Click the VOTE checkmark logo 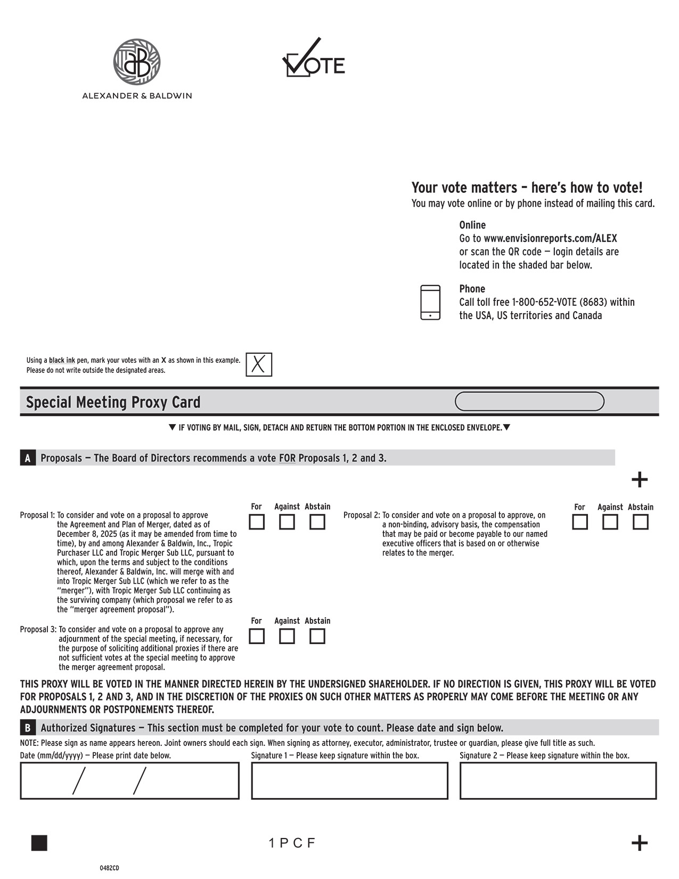pos(313,59)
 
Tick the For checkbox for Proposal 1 pos(257,522)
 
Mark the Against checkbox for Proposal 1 pos(287,522)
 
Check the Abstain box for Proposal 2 pos(640,522)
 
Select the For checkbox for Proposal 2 pos(580,522)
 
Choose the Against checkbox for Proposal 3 pos(287,636)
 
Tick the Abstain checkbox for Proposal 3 pos(317,636)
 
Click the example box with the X pos(259,365)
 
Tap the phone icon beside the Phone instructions pos(430,302)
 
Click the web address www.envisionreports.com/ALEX pos(550,238)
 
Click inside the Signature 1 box pos(349,780)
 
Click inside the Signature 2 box pos(558,780)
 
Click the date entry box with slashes pos(129,780)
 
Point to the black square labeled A pos(28,458)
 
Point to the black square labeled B pos(28,728)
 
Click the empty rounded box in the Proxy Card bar pos(529,402)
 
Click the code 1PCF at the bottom pos(292,843)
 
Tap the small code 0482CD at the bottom pos(109,868)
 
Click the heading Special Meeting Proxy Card pos(113,402)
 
